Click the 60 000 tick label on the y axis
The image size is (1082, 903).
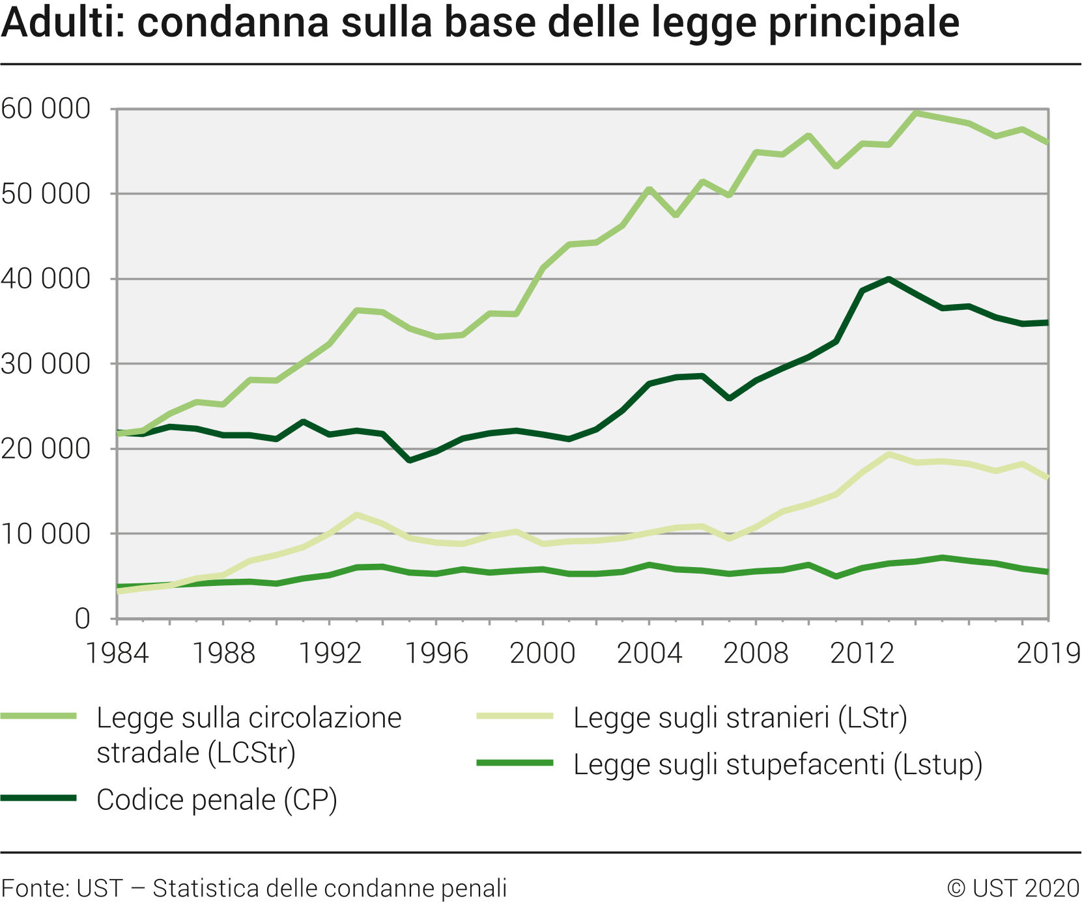click(x=46, y=109)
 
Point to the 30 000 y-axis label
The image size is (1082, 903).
click(x=46, y=364)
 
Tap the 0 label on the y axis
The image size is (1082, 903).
click(x=82, y=618)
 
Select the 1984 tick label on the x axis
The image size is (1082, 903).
click(x=117, y=653)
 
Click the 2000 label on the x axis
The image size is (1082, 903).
click(x=543, y=653)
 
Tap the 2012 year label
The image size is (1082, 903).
click(x=862, y=653)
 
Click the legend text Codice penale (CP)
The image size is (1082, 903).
click(x=217, y=799)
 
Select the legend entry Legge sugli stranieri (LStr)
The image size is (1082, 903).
click(x=740, y=717)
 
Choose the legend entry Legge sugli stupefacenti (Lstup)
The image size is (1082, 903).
click(x=778, y=764)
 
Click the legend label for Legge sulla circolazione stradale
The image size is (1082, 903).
click(x=249, y=735)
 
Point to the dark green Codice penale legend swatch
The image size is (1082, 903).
click(x=39, y=798)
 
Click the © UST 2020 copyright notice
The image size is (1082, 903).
click(x=1014, y=888)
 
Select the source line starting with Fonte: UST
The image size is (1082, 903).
click(x=254, y=888)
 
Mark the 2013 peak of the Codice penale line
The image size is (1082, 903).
click(x=889, y=279)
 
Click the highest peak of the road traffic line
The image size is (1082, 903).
click(x=916, y=113)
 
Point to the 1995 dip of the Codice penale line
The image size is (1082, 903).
click(x=409, y=460)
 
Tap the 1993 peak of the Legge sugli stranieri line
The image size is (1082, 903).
click(x=356, y=515)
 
